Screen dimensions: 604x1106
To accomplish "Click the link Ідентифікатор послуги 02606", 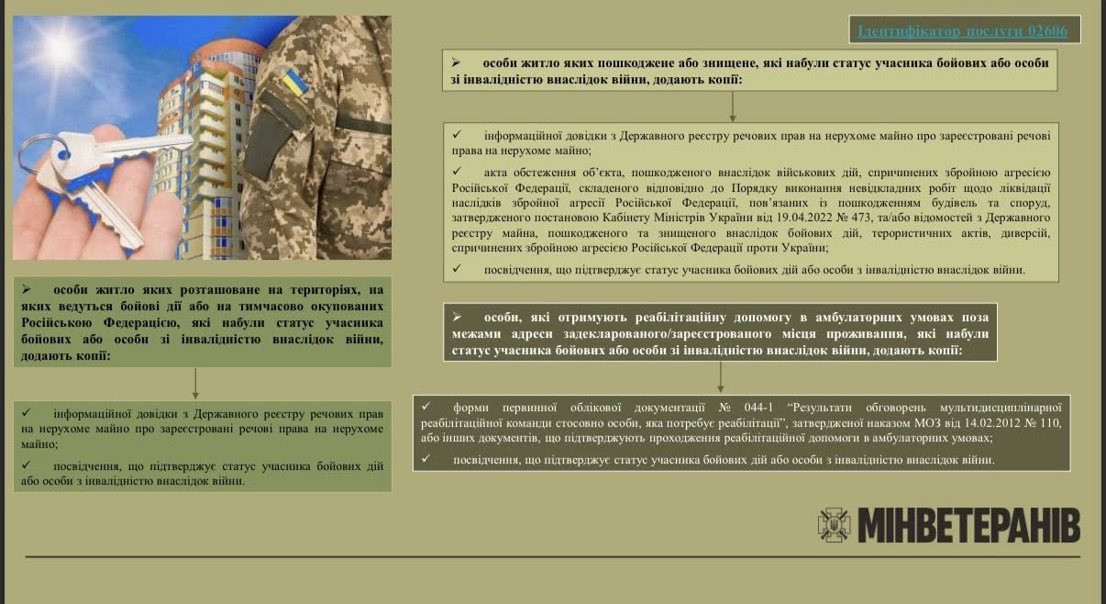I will coord(965,30).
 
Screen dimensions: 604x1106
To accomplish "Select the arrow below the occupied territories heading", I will coord(195,383).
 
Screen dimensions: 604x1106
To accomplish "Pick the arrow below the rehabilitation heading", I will coord(720,376).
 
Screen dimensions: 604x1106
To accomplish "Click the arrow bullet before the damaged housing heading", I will coord(457,62).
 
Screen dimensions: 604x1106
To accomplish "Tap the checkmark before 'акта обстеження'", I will coord(458,172).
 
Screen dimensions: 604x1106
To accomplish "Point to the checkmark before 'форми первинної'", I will coord(426,407).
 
